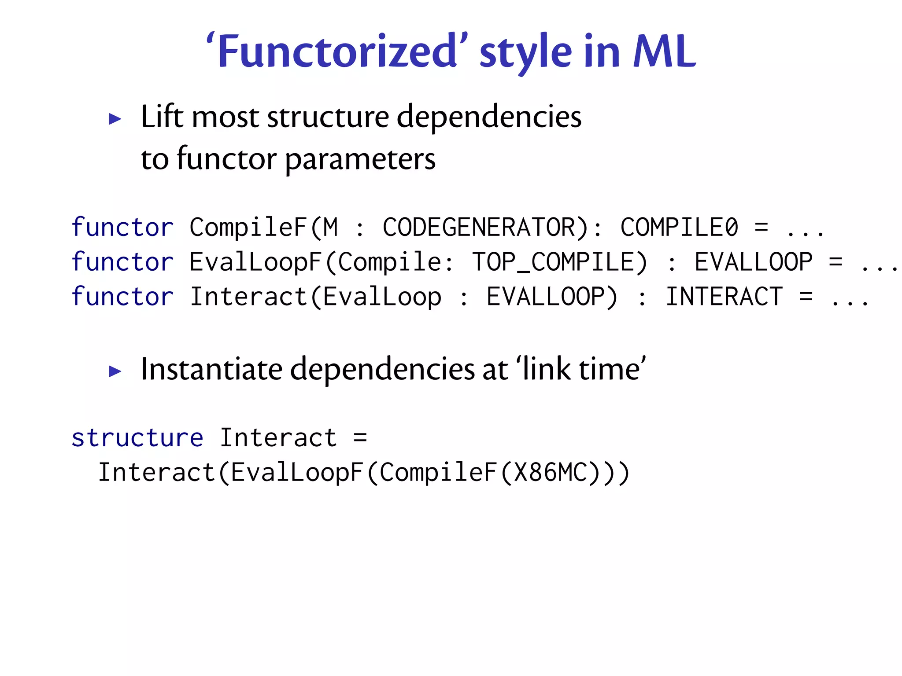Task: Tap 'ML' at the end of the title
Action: tap(664, 52)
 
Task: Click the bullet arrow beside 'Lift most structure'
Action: tap(115, 119)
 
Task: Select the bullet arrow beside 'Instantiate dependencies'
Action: tap(115, 371)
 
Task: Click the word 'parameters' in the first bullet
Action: tap(360, 159)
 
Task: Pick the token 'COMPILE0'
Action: tap(679, 228)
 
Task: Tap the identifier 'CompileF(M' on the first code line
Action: tap(263, 228)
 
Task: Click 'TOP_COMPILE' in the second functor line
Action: tap(559, 262)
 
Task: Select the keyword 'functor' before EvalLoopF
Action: tap(122, 262)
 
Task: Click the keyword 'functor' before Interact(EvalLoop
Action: tap(122, 297)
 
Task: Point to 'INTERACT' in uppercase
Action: tap(724, 297)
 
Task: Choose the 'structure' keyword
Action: tap(137, 438)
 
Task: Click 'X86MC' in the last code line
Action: tap(551, 473)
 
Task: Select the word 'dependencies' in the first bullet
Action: tap(489, 118)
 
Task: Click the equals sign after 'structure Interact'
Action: tap(360, 438)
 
